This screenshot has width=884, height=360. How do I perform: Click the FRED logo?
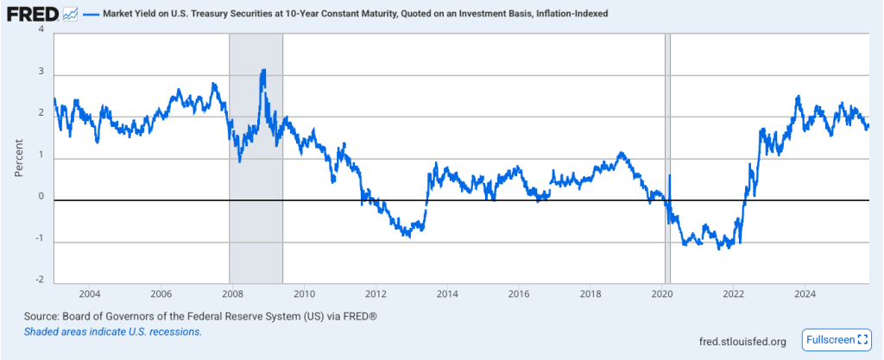pyautogui.click(x=33, y=15)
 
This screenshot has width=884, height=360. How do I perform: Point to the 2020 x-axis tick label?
pyautogui.click(x=661, y=294)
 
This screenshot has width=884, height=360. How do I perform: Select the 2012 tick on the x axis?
pyautogui.click(x=376, y=294)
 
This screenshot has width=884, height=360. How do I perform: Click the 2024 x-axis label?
pyautogui.click(x=804, y=294)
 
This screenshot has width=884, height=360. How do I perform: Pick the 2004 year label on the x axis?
pyautogui.click(x=90, y=294)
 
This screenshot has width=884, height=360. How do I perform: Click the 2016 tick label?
pyautogui.click(x=518, y=294)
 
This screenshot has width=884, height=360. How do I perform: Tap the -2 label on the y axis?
pyautogui.click(x=40, y=280)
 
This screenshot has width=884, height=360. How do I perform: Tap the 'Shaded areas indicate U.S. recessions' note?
pyautogui.click(x=113, y=332)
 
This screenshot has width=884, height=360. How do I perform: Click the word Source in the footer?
pyautogui.click(x=43, y=317)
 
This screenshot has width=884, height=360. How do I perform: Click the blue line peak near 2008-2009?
pyautogui.click(x=263, y=72)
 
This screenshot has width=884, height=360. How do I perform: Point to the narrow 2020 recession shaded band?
pyautogui.click(x=666, y=155)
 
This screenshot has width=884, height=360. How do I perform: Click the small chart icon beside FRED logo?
pyautogui.click(x=71, y=15)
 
